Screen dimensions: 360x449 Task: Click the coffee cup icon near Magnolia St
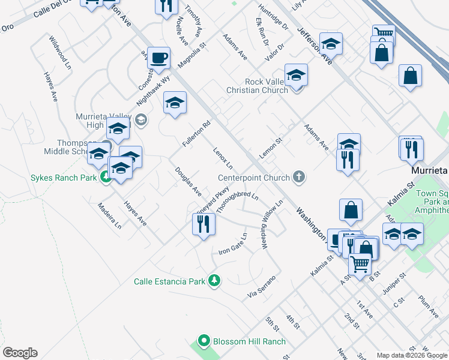point(158,58)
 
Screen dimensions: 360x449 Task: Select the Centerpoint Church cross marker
point(299,177)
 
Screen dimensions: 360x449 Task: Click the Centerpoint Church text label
point(253,178)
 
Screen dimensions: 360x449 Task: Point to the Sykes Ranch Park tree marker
point(106,177)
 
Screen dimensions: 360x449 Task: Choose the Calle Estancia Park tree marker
point(214,280)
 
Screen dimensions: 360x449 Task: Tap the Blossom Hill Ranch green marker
point(203,341)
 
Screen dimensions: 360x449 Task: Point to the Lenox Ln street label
point(223,157)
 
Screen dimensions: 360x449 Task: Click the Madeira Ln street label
point(110,215)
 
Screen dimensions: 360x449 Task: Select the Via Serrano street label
point(262,287)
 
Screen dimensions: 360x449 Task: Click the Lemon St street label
point(270,147)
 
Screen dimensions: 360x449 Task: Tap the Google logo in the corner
point(20,353)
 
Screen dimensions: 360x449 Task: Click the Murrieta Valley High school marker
point(141,120)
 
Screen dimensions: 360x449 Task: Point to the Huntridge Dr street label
point(273,17)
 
